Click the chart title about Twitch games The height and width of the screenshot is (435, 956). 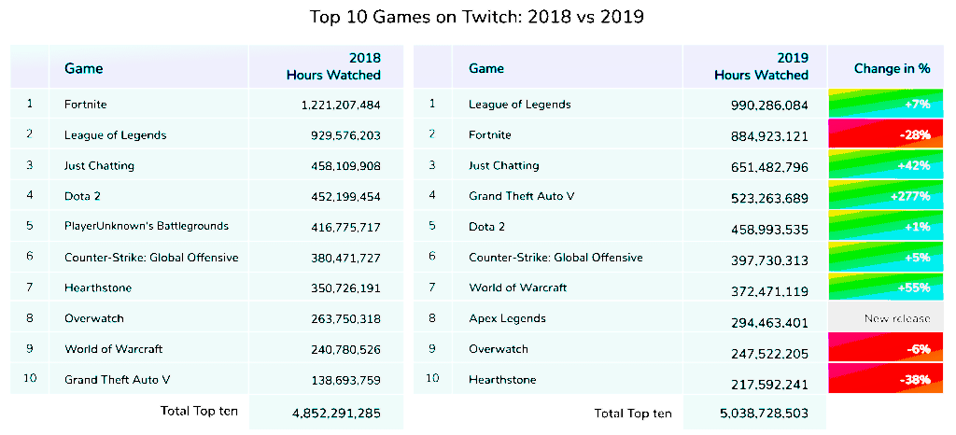coord(477,17)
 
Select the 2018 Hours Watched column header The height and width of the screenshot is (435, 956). coord(333,66)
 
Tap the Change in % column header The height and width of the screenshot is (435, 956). coord(892,68)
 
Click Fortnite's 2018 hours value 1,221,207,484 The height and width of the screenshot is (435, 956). coord(329,105)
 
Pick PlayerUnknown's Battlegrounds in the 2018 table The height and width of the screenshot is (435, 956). coord(147,226)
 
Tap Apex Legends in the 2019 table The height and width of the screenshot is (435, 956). coord(507,318)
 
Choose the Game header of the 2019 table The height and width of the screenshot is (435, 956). coord(486,68)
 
